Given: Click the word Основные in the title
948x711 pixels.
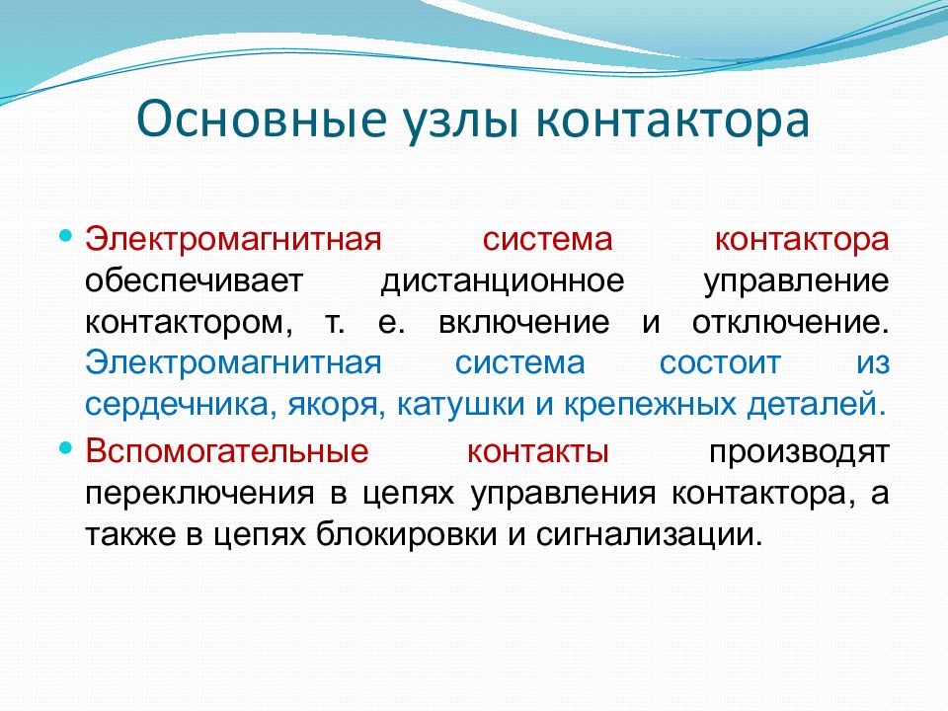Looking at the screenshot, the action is tap(261, 119).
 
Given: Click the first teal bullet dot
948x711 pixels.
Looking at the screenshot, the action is tap(66, 235).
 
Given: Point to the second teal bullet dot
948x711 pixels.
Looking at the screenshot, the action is tap(66, 448).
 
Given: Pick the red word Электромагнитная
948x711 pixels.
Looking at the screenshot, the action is tap(233, 239).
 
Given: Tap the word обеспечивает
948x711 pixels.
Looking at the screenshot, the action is tap(194, 281).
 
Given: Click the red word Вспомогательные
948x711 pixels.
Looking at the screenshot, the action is tap(227, 452).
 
